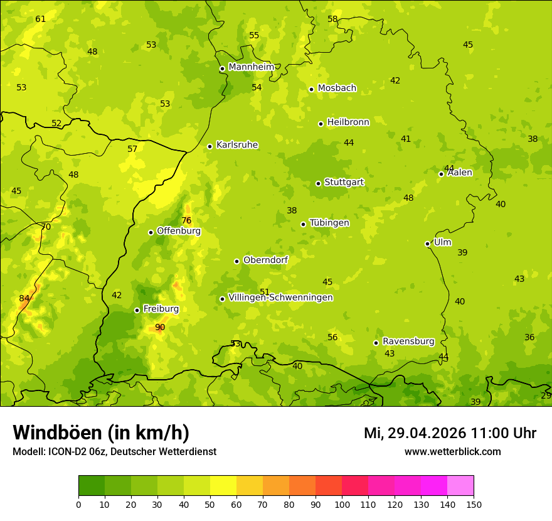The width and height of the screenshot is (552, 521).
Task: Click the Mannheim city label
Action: [251, 67]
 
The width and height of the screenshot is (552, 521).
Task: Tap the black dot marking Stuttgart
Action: [318, 183]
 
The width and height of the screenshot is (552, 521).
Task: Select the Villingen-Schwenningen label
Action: [280, 298]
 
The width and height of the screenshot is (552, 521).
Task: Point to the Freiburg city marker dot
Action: [137, 310]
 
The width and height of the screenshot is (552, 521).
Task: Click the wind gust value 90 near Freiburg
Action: [160, 327]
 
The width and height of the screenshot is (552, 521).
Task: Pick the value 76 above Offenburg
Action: [186, 220]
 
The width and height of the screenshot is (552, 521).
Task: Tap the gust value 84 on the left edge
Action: [24, 298]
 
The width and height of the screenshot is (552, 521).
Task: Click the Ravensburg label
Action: [408, 341]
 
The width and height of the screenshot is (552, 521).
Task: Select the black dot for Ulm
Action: [427, 244]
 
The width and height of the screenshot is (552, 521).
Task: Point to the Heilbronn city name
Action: [348, 122]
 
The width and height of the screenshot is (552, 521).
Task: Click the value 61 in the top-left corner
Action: [41, 19]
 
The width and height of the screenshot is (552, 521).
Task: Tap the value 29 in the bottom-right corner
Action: [546, 395]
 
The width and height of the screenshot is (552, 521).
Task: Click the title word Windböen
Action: [58, 432]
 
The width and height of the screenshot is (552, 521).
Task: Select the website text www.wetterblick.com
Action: [452, 451]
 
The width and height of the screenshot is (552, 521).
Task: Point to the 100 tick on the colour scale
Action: [342, 504]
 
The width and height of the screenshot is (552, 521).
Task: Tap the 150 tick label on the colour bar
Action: [474, 504]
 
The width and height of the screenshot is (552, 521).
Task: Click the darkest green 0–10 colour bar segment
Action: [92, 486]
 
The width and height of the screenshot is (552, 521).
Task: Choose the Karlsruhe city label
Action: [236, 145]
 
